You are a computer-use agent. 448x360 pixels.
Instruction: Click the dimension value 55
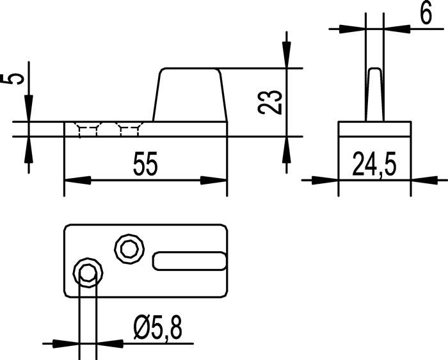click(145, 166)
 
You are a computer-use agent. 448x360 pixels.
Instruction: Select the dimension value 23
click(269, 101)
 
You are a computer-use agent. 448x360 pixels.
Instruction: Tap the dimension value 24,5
click(374, 165)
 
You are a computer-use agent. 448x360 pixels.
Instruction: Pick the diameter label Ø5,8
click(157, 330)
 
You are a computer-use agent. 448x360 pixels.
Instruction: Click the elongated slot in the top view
click(189, 261)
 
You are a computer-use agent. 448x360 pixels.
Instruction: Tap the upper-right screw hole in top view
click(128, 247)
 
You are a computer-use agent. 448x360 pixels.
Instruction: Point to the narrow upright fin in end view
click(374, 94)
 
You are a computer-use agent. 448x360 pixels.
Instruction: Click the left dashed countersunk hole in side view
click(88, 129)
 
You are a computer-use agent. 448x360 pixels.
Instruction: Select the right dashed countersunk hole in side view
click(129, 129)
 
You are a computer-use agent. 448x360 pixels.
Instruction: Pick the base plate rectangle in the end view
click(374, 128)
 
